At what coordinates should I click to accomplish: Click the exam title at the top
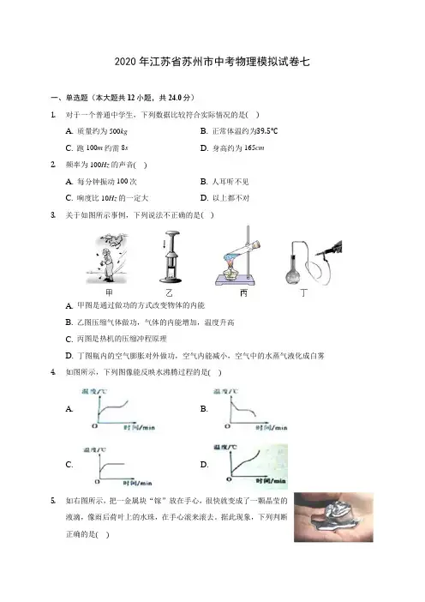(212, 62)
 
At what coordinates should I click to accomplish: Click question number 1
(53, 115)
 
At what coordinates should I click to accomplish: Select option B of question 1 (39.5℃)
(239, 131)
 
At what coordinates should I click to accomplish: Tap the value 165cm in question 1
(254, 147)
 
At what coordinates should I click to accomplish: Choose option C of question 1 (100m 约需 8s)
(97, 147)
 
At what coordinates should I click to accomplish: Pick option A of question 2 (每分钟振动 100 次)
(101, 181)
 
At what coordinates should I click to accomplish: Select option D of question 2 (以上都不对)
(224, 198)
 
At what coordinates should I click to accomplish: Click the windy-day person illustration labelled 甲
(107, 258)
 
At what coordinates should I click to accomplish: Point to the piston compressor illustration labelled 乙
(171, 257)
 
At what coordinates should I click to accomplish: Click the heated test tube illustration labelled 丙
(238, 256)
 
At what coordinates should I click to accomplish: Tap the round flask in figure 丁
(293, 274)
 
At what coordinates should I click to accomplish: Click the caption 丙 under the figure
(243, 293)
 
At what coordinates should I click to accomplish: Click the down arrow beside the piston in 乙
(165, 244)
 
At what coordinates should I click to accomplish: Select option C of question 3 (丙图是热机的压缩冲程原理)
(117, 339)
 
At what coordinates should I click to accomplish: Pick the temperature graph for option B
(250, 409)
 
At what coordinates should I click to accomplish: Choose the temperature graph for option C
(117, 467)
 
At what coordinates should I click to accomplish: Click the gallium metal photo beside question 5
(333, 517)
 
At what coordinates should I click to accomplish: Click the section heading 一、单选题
(69, 98)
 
